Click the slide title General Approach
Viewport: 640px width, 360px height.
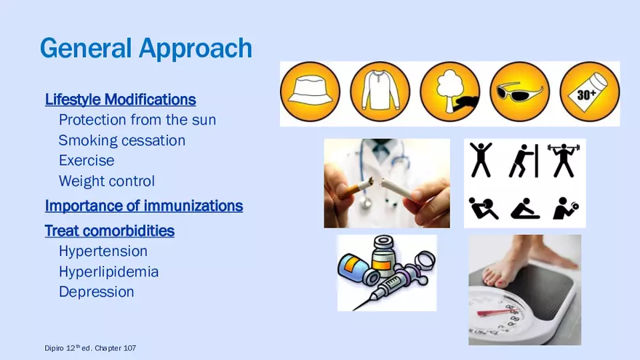[x=145, y=49]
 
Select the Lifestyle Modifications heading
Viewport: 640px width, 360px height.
[x=121, y=100]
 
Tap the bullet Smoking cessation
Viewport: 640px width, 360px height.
[x=122, y=140]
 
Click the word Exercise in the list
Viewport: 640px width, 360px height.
[x=87, y=161]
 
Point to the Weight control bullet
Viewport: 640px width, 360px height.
[x=107, y=181]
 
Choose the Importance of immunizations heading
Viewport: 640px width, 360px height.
[x=144, y=206]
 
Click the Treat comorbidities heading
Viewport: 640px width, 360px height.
[x=109, y=231]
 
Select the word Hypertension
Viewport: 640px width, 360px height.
[x=103, y=251]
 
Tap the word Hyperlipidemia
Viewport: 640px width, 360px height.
[x=108, y=271]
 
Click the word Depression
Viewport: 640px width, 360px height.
[x=96, y=292]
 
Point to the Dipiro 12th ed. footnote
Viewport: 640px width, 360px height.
[x=90, y=348]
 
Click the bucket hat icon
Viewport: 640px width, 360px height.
[x=311, y=92]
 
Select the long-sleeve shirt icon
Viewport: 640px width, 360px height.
[x=380, y=92]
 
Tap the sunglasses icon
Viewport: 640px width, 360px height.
[x=519, y=92]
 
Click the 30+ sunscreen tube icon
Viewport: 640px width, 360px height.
[x=589, y=92]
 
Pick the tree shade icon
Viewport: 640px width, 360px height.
[x=449, y=92]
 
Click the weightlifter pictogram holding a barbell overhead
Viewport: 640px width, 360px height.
[x=564, y=160]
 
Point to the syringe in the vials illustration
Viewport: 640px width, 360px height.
[x=388, y=286]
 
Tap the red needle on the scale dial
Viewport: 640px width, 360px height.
[x=495, y=313]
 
